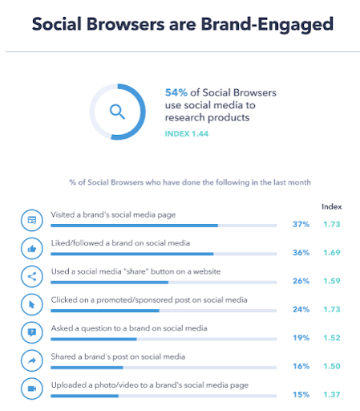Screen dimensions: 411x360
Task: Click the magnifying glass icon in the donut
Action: (x=117, y=111)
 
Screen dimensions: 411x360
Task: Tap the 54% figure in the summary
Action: (x=176, y=93)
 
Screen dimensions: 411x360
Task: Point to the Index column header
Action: (x=331, y=206)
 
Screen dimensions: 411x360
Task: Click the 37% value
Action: (x=301, y=224)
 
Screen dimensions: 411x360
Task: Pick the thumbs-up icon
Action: (x=32, y=249)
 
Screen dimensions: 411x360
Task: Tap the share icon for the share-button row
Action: (x=32, y=277)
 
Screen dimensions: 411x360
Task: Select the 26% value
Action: (x=301, y=280)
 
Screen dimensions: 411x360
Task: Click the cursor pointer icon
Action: (x=32, y=305)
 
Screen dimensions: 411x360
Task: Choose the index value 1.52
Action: (x=331, y=337)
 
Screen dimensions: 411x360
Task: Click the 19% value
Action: (x=301, y=337)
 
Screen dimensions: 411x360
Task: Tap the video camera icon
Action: (x=32, y=389)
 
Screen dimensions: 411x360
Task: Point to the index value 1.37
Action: (x=331, y=393)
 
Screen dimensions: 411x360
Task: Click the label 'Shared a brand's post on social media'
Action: (x=119, y=356)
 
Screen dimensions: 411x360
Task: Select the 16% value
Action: (x=301, y=365)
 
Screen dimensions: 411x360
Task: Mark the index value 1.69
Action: (x=331, y=252)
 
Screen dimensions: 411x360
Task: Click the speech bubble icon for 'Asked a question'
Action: (x=32, y=333)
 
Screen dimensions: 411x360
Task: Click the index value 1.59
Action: (x=331, y=280)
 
